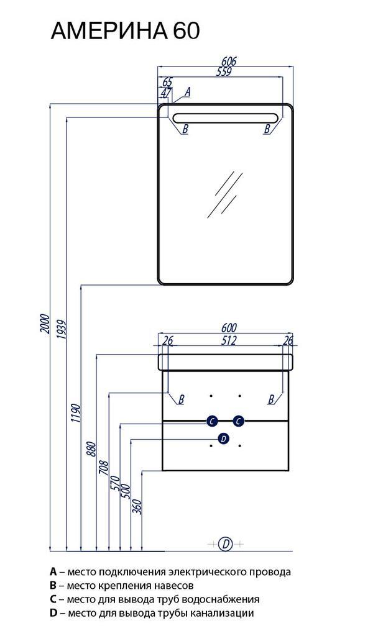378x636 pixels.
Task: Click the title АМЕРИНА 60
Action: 125,30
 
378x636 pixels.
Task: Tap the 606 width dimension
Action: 229,61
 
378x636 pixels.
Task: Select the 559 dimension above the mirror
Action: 224,71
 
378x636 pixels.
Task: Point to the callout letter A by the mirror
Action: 187,92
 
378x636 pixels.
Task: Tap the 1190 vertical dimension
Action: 76,414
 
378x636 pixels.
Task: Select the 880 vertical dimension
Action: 92,449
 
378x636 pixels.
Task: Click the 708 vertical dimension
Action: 104,469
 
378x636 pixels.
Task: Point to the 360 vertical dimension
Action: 137,507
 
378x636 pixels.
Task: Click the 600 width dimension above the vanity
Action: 229,327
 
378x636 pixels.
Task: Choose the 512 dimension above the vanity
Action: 229,340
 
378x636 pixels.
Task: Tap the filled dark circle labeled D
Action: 224,438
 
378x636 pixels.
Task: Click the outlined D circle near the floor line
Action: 226,543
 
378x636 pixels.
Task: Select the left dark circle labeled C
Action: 212,422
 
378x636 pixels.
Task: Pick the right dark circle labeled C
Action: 238,422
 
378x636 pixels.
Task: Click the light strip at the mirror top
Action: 226,118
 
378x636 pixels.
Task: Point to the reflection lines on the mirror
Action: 224,194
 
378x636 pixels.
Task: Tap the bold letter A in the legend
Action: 53,572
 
